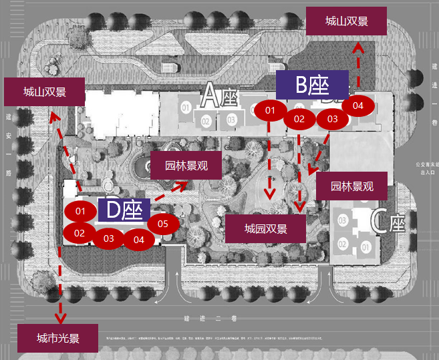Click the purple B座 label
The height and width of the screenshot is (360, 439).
pyautogui.click(x=313, y=85)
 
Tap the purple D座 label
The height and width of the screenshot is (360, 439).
pyautogui.click(x=124, y=210)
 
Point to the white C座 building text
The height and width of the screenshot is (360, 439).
pyautogui.click(x=388, y=222)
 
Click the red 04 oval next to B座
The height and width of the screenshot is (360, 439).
pyautogui.click(x=357, y=106)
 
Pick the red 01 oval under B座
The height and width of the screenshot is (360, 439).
pyautogui.click(x=270, y=110)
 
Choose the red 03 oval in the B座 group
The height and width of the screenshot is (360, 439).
pyautogui.click(x=332, y=119)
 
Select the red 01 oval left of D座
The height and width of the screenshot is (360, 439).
pyautogui.click(x=80, y=212)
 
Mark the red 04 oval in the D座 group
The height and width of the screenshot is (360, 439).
pyautogui.click(x=138, y=238)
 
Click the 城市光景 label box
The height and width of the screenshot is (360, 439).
pyautogui.click(x=58, y=339)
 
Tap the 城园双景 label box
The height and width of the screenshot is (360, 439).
pyautogui.click(x=265, y=229)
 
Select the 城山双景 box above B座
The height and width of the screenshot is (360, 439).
pyautogui.click(x=346, y=21)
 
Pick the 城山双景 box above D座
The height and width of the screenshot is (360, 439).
pyautogui.click(x=44, y=92)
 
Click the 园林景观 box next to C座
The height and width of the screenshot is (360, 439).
pyautogui.click(x=351, y=186)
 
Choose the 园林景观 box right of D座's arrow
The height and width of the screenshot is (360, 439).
pyautogui.click(x=186, y=166)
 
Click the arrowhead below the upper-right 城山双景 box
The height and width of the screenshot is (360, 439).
pyautogui.click(x=358, y=47)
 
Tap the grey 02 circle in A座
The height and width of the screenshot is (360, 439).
pyautogui.click(x=206, y=121)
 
